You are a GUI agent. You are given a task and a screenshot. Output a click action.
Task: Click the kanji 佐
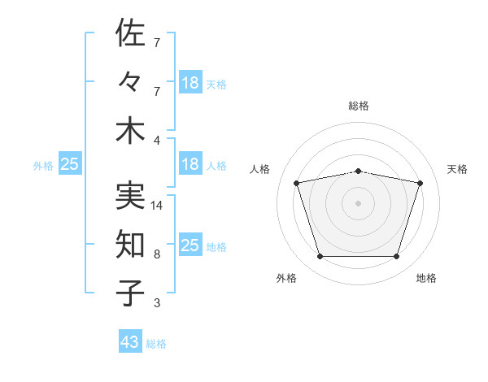point(130,33)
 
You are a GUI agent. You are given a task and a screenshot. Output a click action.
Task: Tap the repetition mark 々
point(129,81)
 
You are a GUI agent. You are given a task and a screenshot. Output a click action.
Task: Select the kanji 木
point(130,132)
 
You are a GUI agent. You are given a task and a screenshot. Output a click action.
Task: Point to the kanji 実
point(130,196)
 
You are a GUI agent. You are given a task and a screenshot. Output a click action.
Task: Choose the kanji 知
point(130,244)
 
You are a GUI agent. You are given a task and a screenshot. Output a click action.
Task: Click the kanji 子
point(130,293)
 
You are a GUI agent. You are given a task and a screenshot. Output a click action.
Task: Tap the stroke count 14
point(156,206)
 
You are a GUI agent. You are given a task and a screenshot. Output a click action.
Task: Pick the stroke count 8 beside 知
point(157,254)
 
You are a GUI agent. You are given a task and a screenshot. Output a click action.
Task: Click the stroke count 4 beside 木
point(157,141)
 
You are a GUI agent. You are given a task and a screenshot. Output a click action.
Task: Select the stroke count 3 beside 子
point(157,302)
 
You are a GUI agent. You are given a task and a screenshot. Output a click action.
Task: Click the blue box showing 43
point(130,341)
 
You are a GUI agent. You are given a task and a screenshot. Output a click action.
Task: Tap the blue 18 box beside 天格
point(191,82)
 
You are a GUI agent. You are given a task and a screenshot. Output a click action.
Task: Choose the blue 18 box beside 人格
point(191,163)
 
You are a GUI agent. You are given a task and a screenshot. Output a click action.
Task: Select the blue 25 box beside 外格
point(70,163)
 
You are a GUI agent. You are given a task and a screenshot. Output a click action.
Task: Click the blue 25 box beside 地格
point(191,244)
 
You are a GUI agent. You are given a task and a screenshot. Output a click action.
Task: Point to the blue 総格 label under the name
point(156,344)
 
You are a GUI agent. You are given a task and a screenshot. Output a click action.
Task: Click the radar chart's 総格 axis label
point(359,106)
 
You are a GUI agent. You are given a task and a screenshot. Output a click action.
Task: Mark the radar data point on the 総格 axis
point(359,171)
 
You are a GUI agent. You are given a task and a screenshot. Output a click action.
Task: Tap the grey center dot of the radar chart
point(358,203)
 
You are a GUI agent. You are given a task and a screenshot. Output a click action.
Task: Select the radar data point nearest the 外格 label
point(320,256)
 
